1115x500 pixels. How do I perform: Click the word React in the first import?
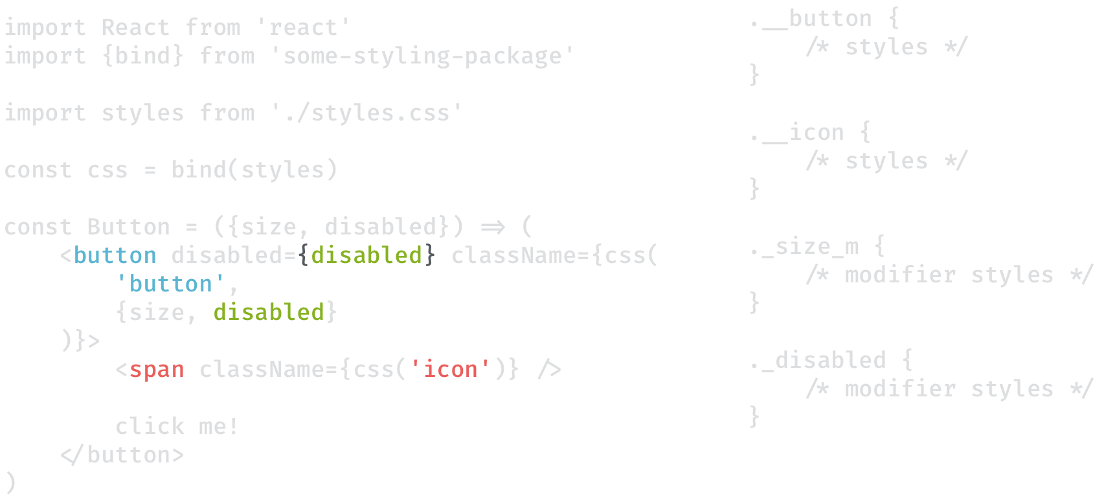(135, 28)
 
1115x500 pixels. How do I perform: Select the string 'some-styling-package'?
(422, 56)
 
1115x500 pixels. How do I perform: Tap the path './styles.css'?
(366, 113)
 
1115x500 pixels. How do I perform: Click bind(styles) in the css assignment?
(254, 170)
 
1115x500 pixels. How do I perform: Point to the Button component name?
(128, 227)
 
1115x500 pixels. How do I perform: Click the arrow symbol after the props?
(493, 227)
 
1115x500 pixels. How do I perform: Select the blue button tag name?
(115, 256)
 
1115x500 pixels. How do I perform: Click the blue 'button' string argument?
(170, 284)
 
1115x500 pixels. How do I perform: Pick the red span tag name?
(156, 370)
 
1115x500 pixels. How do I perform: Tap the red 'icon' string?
(450, 370)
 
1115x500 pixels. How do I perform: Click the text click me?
(177, 427)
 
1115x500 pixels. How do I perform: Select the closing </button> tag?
(122, 455)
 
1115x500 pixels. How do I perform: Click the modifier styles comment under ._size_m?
(949, 275)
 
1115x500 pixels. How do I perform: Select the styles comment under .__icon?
(886, 161)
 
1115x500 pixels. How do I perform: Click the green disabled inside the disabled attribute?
(366, 256)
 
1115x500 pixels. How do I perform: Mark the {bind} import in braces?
(142, 56)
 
